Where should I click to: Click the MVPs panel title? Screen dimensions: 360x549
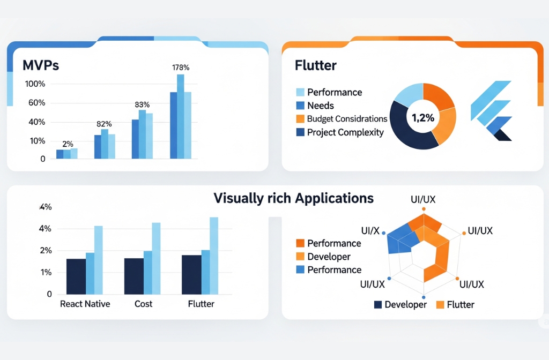point(41,65)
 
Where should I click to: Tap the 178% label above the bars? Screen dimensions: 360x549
point(181,67)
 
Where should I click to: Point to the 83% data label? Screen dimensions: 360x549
point(142,104)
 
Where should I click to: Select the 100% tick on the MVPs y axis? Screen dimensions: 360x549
point(35,84)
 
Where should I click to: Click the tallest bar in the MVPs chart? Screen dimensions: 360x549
point(181,116)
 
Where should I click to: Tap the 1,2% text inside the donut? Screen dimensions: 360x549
point(423,118)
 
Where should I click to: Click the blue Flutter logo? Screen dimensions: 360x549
point(491,110)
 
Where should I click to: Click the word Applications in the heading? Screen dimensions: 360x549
point(333,198)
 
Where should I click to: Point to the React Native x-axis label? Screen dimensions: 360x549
point(85,304)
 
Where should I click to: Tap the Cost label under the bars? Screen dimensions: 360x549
point(143,304)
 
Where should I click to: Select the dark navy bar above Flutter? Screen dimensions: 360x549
point(191,274)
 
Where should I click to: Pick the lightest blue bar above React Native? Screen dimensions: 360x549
point(98,260)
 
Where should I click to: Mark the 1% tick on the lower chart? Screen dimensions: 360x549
point(46,272)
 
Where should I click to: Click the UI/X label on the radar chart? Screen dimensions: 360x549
point(370,231)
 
